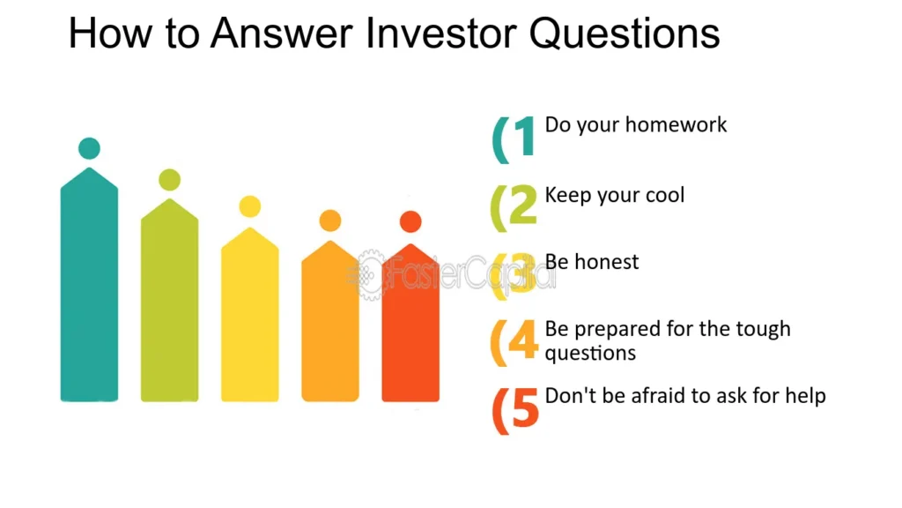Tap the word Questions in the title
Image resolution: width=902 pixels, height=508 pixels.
point(625,34)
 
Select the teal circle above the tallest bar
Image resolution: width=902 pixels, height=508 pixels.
point(89,148)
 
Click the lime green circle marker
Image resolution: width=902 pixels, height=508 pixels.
point(170,180)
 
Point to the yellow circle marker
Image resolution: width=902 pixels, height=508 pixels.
point(249,206)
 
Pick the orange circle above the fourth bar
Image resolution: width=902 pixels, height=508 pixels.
point(330,220)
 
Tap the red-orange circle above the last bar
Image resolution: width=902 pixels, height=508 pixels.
point(410,221)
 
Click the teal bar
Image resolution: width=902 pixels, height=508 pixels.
point(89,285)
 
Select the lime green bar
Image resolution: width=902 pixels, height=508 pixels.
point(170,300)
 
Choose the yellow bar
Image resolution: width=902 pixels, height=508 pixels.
point(249,315)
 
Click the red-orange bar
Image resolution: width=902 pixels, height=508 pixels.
point(410,323)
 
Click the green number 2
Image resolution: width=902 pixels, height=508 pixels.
point(523,204)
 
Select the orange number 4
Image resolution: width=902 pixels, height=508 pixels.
point(523,340)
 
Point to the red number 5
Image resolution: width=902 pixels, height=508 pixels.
point(525,407)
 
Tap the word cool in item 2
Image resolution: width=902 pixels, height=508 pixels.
point(665,195)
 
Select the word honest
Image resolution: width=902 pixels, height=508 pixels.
point(606,262)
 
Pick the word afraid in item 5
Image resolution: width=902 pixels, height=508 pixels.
point(659,396)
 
